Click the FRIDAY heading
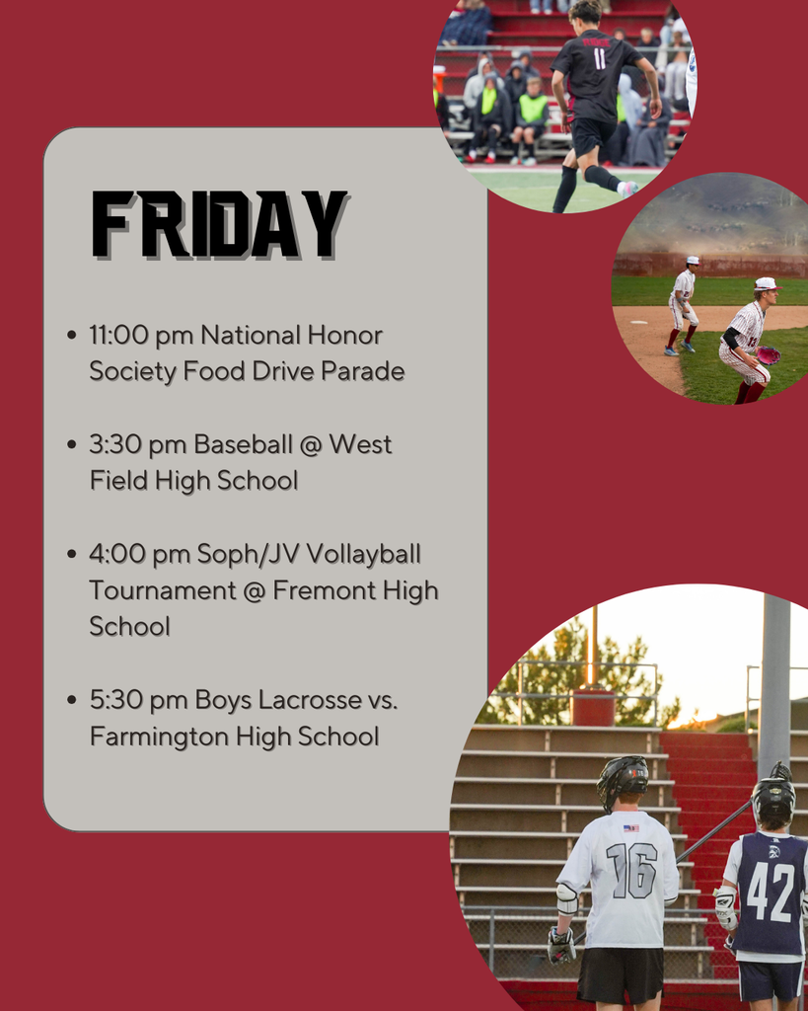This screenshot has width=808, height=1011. [x=219, y=226]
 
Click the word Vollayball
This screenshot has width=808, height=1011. [x=363, y=554]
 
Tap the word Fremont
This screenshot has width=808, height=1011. [x=323, y=590]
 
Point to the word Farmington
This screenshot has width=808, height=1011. [x=151, y=737]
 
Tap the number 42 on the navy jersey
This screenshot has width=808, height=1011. [x=771, y=892]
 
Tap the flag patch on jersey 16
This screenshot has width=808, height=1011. [x=630, y=827]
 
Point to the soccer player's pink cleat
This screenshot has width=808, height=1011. [x=627, y=188]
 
